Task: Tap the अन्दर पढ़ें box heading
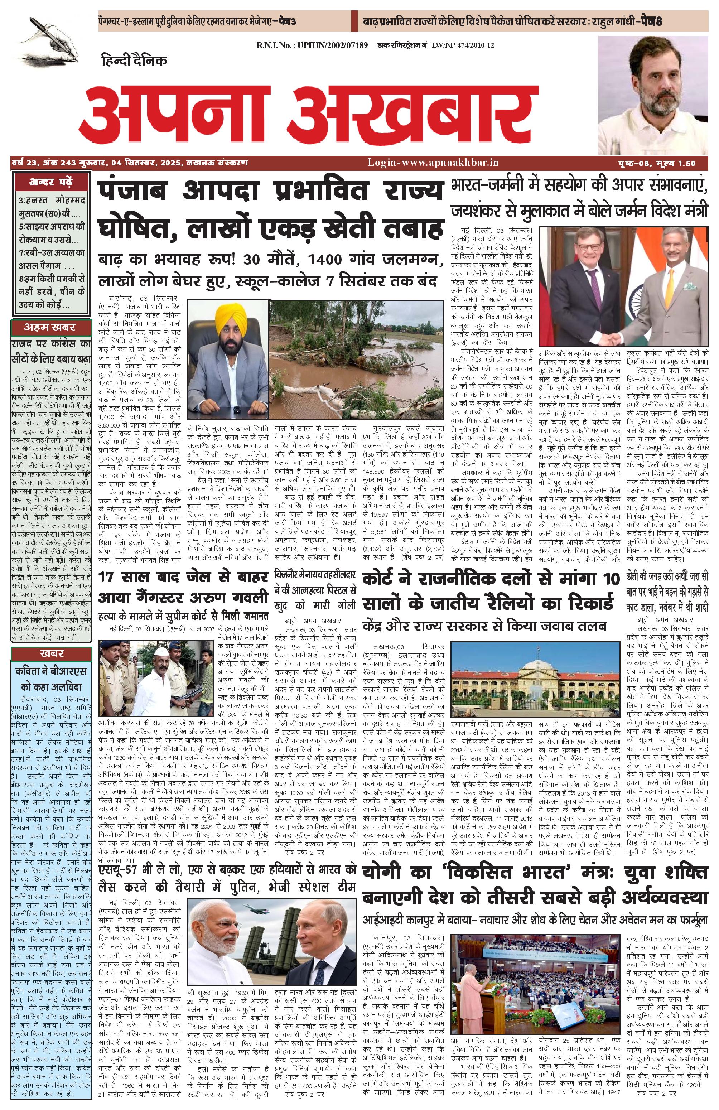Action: coord(50,182)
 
